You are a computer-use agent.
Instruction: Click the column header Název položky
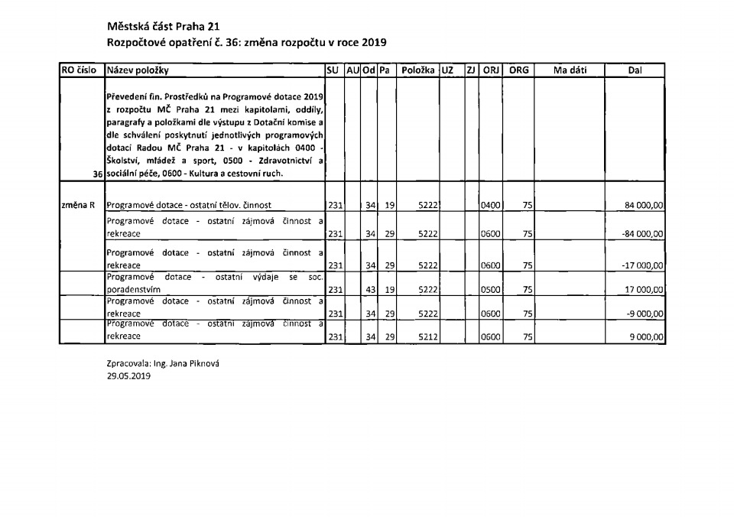pos(138,70)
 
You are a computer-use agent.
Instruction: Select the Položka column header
pos(417,70)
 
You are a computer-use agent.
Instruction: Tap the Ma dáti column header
pos(569,70)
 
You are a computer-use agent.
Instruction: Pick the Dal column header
pos(635,70)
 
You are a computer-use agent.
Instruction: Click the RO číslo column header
pos(79,70)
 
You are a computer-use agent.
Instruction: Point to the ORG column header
pos(518,70)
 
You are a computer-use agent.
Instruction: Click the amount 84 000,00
pos(645,205)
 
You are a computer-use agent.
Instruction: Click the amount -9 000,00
pos(646,314)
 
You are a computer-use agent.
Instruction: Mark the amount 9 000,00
pos(648,337)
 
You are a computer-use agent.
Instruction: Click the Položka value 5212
pos(427,337)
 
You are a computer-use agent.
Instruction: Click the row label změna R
pos(79,205)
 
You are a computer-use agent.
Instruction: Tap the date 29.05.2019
pos(129,376)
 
